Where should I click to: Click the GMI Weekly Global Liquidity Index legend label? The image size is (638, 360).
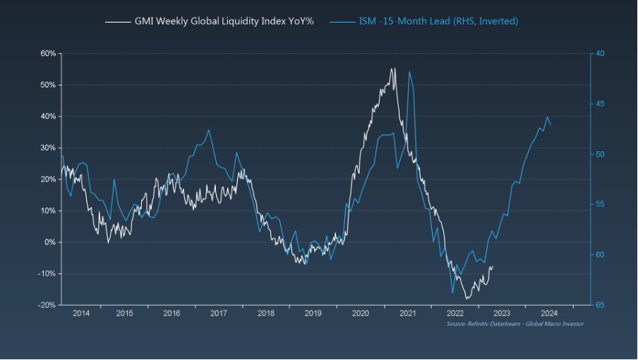(x=224, y=21)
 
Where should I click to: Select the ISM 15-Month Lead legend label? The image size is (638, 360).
(x=433, y=21)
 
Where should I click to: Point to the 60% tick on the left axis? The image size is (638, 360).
(x=47, y=54)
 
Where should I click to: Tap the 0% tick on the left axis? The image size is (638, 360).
(x=49, y=242)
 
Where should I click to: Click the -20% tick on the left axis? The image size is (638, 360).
(x=47, y=305)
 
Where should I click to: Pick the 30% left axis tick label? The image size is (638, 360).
(x=47, y=148)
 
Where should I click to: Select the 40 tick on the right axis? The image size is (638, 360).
(x=599, y=54)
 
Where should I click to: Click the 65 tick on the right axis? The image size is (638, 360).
(x=599, y=305)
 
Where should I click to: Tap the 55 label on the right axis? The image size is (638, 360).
(x=599, y=205)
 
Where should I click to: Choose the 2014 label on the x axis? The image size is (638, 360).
(x=80, y=313)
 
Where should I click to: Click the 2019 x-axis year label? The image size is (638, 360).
(x=313, y=313)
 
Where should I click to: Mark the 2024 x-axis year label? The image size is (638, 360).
(x=549, y=313)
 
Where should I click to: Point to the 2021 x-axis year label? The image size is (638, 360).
(x=407, y=313)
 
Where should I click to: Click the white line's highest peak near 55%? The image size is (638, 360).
(x=392, y=68)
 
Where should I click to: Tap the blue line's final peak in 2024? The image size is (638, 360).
(x=547, y=117)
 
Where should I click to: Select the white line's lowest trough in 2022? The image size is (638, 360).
(x=467, y=299)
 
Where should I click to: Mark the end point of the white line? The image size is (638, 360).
(x=493, y=267)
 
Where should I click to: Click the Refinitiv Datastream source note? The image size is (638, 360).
(x=515, y=323)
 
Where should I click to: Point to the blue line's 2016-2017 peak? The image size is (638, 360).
(x=209, y=130)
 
